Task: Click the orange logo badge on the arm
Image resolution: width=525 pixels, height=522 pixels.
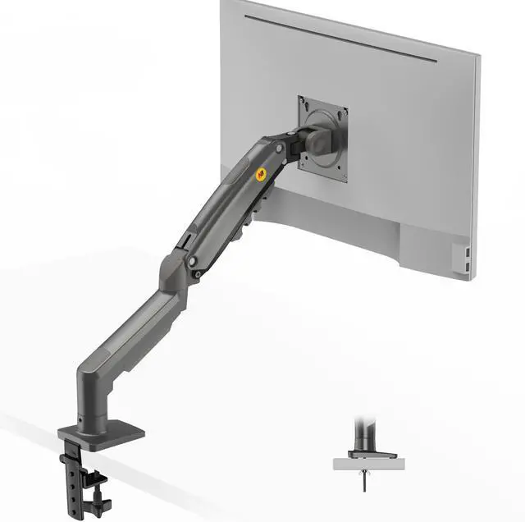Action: (262, 173)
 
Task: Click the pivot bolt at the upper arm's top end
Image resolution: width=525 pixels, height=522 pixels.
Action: (281, 149)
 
